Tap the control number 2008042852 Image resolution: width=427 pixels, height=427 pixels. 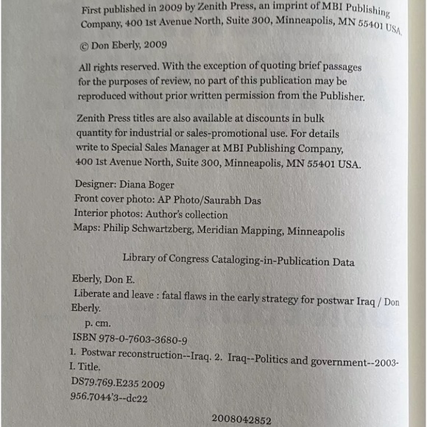click(x=241, y=420)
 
